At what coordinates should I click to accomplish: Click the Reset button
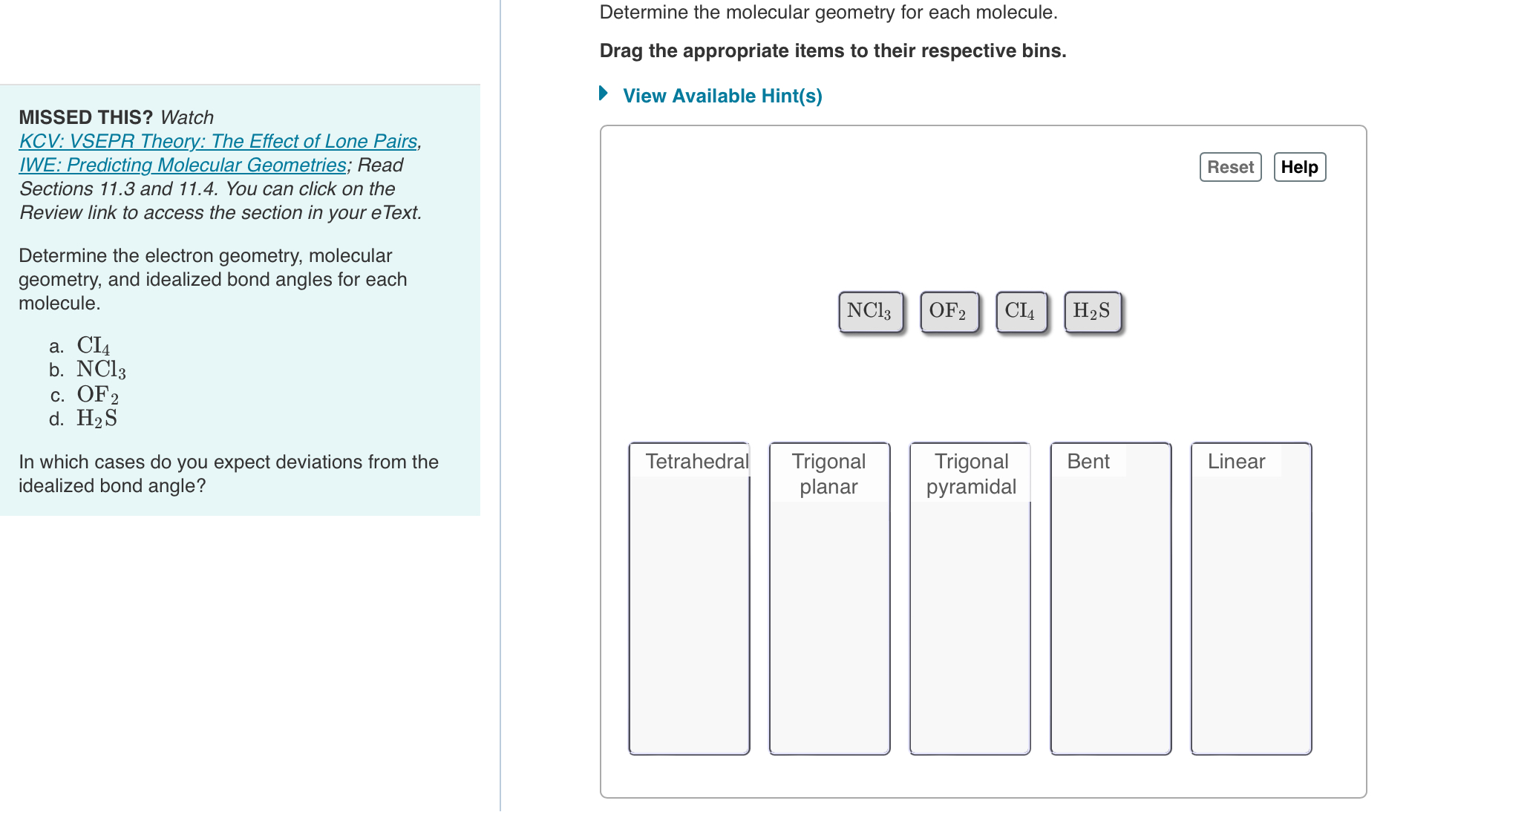[1229, 167]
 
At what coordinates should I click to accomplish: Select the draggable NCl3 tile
[870, 311]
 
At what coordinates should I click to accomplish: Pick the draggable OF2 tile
[949, 311]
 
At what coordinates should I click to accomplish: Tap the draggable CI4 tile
[1021, 311]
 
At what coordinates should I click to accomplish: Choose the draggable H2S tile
[1092, 311]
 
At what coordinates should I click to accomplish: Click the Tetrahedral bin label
[696, 462]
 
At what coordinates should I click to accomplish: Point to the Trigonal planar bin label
[828, 474]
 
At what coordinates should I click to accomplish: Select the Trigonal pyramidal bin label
[970, 474]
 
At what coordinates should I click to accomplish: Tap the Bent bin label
[1088, 462]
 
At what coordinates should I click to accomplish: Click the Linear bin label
[1235, 462]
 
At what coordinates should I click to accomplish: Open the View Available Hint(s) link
[722, 96]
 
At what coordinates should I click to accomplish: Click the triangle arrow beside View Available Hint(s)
[604, 94]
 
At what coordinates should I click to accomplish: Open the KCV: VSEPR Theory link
[218, 141]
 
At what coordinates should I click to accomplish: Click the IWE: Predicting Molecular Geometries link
[183, 165]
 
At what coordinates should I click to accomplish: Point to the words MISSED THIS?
[85, 117]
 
